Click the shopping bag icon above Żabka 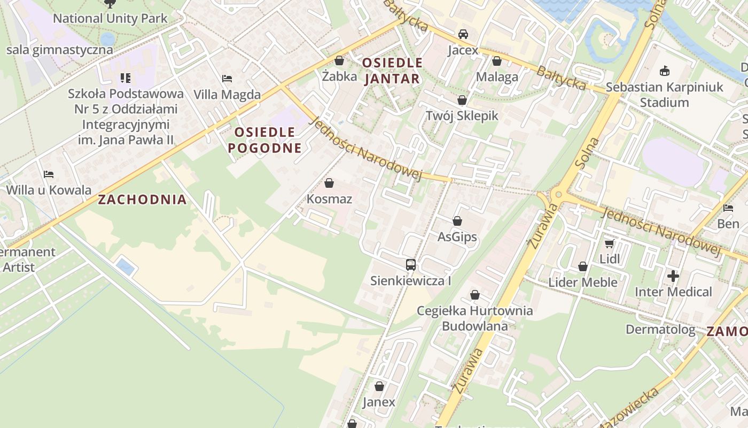pyautogui.click(x=339, y=60)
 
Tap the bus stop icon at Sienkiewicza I pyautogui.click(x=410, y=264)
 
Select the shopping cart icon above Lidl pyautogui.click(x=609, y=244)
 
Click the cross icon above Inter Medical pyautogui.click(x=673, y=276)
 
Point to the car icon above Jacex pyautogui.click(x=463, y=34)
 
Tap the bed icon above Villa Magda pyautogui.click(x=227, y=79)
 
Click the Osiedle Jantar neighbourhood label pyautogui.click(x=392, y=71)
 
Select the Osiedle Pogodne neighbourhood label pyautogui.click(x=265, y=140)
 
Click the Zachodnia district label pyautogui.click(x=142, y=200)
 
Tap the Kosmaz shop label pyautogui.click(x=329, y=199)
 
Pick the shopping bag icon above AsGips pyautogui.click(x=457, y=221)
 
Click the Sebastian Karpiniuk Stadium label pyautogui.click(x=664, y=94)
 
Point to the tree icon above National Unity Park pyautogui.click(x=110, y=4)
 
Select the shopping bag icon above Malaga pyautogui.click(x=497, y=61)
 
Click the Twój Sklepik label pyautogui.click(x=462, y=116)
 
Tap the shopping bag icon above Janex pyautogui.click(x=379, y=386)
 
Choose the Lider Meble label pyautogui.click(x=583, y=282)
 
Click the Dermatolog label pyautogui.click(x=660, y=329)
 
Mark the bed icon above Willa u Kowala pyautogui.click(x=49, y=174)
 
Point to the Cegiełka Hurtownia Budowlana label pyautogui.click(x=474, y=318)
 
